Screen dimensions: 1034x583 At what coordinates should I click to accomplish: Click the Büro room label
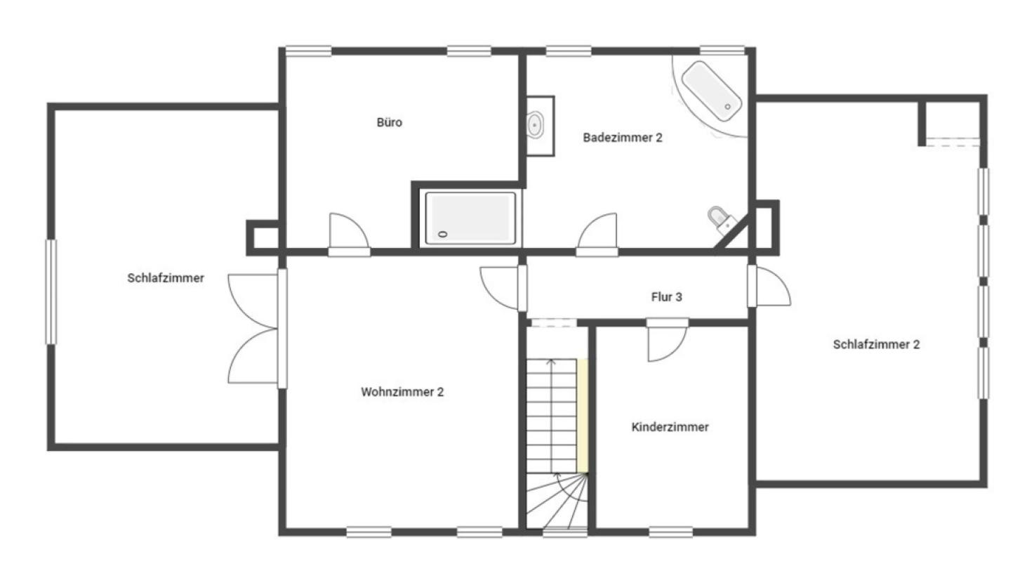point(389,122)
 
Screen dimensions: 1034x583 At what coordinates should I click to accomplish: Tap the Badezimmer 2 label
point(622,138)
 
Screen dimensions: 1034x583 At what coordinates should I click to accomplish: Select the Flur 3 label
point(667,297)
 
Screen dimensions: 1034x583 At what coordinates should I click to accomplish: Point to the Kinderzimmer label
point(670,427)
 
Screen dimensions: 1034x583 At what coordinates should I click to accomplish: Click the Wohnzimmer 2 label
point(402,392)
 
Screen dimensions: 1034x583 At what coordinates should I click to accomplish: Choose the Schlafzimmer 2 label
point(876,345)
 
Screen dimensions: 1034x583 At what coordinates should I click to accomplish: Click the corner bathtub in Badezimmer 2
point(711,91)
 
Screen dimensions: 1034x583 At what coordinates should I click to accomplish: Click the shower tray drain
point(443,234)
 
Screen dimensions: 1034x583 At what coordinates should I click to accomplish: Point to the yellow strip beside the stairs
point(583,416)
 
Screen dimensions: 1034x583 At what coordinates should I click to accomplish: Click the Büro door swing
point(349,230)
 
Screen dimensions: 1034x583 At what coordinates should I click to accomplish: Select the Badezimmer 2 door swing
point(597,230)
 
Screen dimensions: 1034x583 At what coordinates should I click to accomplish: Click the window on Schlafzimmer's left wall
point(51,291)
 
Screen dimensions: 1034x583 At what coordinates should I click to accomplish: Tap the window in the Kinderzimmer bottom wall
point(670,532)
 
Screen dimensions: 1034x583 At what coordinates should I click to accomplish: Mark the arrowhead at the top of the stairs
point(551,361)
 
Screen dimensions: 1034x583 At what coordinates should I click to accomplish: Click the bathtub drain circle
point(727,107)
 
